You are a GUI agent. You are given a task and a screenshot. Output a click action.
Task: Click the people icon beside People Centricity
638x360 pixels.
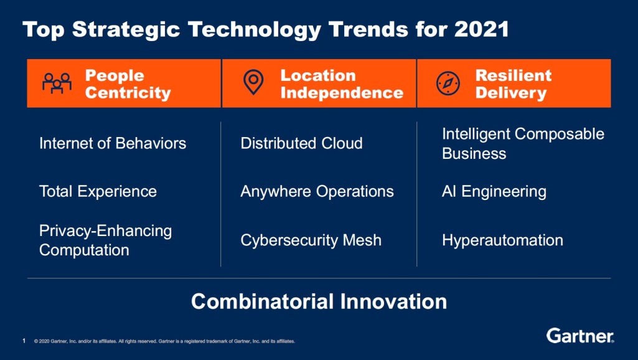[57, 83]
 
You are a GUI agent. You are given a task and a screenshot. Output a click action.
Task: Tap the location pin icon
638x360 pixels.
[253, 83]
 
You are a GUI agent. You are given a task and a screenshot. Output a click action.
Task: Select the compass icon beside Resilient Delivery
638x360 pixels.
[448, 83]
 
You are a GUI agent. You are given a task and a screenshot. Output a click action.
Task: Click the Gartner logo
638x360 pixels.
[580, 336]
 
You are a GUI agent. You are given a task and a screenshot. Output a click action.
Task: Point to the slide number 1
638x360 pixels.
[24, 341]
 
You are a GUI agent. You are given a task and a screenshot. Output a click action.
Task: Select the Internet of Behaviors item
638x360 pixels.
[113, 143]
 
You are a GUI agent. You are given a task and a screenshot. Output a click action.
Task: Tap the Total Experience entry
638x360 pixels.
[98, 191]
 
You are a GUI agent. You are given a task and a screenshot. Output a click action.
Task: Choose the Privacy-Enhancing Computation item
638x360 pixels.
[105, 240]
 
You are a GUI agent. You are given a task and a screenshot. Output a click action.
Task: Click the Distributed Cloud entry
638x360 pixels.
[301, 143]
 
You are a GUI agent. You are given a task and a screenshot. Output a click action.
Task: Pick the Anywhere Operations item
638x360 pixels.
[317, 191]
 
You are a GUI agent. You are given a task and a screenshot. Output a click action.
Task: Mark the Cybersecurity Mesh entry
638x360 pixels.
[311, 240]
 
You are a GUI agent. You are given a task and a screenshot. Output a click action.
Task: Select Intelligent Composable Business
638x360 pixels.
[523, 143]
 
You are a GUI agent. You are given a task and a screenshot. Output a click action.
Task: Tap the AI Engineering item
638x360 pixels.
[494, 191]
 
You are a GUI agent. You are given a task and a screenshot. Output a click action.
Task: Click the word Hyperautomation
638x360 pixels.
[502, 240]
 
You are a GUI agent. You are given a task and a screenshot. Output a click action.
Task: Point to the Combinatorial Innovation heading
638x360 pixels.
[319, 301]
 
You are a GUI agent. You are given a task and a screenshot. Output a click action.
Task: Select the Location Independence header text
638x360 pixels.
[342, 84]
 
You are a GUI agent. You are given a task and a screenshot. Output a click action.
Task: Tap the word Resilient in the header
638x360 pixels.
[513, 75]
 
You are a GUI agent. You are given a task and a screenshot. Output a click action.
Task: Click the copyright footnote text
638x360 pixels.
[164, 341]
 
